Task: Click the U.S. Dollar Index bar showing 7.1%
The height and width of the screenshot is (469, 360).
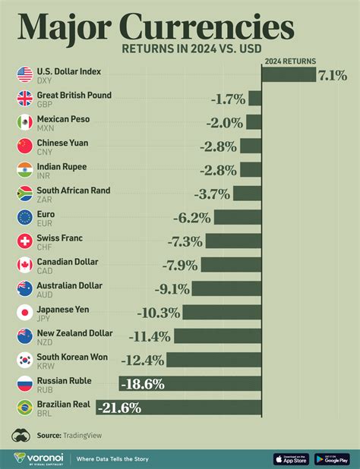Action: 289,74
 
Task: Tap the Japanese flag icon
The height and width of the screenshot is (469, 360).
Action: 24,312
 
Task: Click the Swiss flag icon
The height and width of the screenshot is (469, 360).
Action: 24,241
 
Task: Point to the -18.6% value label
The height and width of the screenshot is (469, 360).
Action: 141,384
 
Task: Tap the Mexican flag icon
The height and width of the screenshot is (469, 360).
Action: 24,122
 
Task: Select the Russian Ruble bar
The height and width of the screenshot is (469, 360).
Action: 190,384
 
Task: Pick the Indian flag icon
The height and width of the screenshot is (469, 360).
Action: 24,170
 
